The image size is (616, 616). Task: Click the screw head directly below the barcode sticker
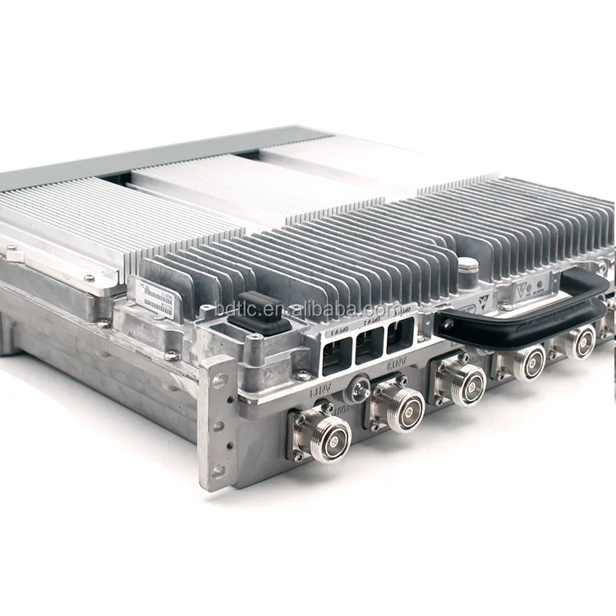point(171,356)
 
